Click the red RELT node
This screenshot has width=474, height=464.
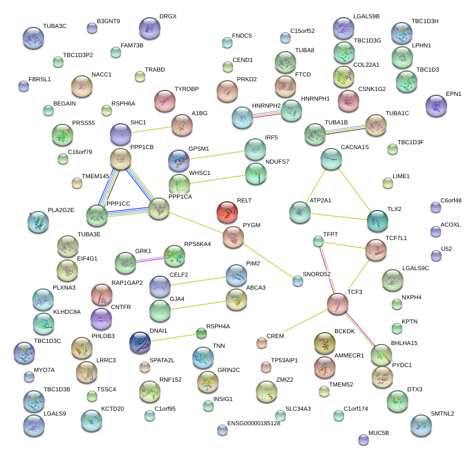point(227,212)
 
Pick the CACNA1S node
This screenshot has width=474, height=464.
point(331,158)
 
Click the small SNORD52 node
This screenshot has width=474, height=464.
point(298,280)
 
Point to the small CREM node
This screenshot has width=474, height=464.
point(262,342)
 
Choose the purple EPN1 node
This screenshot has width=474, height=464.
point(436,106)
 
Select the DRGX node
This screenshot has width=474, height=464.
point(150,27)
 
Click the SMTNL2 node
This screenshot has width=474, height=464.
point(421,425)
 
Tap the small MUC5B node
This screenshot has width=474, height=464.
point(364,440)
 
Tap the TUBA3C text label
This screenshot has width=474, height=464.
point(54,26)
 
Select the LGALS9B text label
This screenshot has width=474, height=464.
point(366,17)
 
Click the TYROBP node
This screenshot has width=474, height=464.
point(165,100)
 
